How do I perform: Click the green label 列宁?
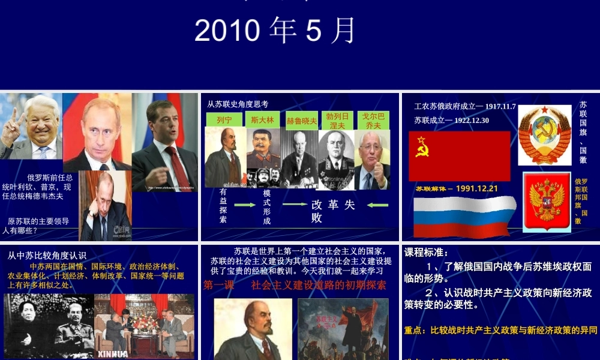(x=224, y=120)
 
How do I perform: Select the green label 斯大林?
(x=262, y=119)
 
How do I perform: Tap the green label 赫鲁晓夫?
(x=301, y=121)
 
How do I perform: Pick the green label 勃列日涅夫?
(x=337, y=121)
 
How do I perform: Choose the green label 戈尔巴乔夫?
(x=373, y=121)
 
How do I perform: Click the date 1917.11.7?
(x=501, y=106)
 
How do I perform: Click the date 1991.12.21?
(x=477, y=188)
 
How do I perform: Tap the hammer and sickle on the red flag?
(x=422, y=146)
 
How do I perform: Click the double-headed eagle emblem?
(x=545, y=202)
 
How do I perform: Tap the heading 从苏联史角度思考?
(x=238, y=104)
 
